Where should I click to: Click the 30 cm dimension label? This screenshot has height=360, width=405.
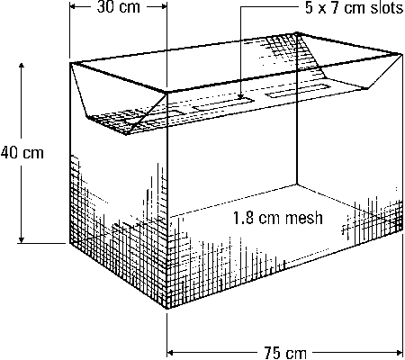(119, 7)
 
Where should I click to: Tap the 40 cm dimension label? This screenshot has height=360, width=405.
(22, 153)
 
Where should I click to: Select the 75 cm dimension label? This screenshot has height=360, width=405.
(285, 352)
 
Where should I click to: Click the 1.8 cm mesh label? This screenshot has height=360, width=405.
(277, 218)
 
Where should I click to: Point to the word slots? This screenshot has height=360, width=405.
(387, 8)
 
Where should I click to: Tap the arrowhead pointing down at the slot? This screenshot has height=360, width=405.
(240, 95)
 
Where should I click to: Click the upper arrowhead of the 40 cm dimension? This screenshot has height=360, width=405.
(21, 67)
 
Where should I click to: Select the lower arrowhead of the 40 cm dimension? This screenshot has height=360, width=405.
(21, 239)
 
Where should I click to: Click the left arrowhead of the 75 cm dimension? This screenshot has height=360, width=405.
(171, 352)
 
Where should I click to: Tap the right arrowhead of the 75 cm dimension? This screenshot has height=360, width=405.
(399, 352)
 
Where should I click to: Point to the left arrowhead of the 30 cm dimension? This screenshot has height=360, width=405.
(74, 6)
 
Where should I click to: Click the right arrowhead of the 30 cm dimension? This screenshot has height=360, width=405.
(163, 6)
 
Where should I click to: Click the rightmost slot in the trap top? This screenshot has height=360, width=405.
(297, 91)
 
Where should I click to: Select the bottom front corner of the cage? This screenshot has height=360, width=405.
(166, 309)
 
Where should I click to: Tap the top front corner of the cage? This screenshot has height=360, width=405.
(166, 93)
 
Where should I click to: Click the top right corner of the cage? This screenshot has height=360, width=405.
(402, 54)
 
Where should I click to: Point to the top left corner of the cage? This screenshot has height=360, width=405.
(70, 63)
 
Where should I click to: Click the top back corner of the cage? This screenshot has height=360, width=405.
(297, 32)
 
